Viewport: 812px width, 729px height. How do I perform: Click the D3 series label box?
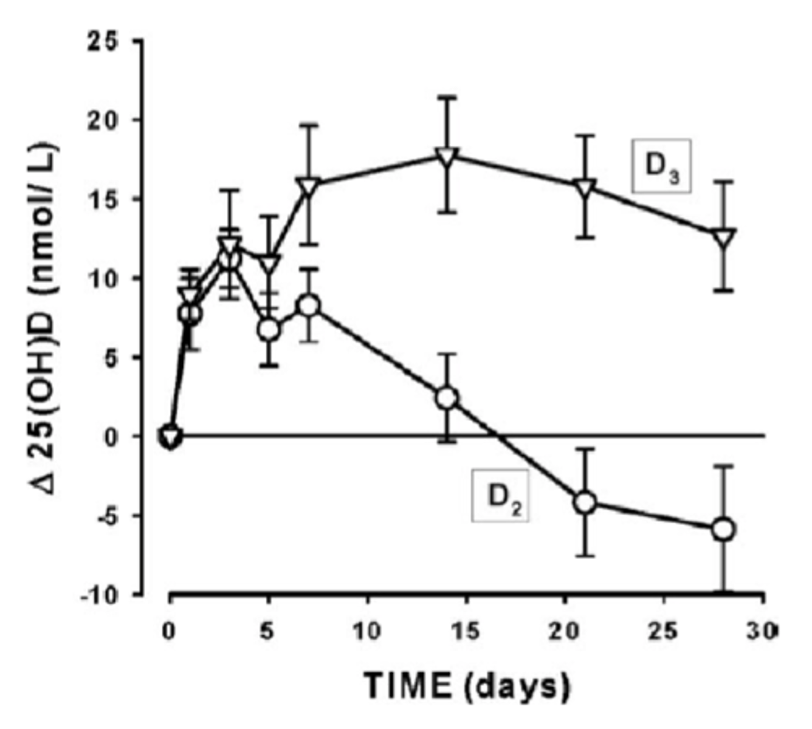coord(661,166)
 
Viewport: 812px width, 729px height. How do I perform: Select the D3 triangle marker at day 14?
coord(447,157)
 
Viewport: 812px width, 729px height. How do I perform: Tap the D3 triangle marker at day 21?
coord(585,187)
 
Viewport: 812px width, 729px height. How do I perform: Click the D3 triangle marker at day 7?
coord(309,186)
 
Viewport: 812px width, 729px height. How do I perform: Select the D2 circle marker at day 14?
coord(447,398)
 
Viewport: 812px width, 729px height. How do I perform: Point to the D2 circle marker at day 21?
coord(585,502)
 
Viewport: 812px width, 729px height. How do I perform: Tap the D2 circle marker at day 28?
coord(723,529)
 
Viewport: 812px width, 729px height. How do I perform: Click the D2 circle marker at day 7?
coord(309,305)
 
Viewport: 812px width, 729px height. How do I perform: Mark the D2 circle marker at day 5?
coord(269,330)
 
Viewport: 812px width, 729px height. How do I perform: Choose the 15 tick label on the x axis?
coord(466,632)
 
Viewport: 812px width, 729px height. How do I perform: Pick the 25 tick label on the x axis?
coord(663,632)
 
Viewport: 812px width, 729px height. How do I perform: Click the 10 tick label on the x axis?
coord(366,632)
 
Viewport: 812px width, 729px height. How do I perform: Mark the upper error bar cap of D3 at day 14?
coord(447,97)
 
